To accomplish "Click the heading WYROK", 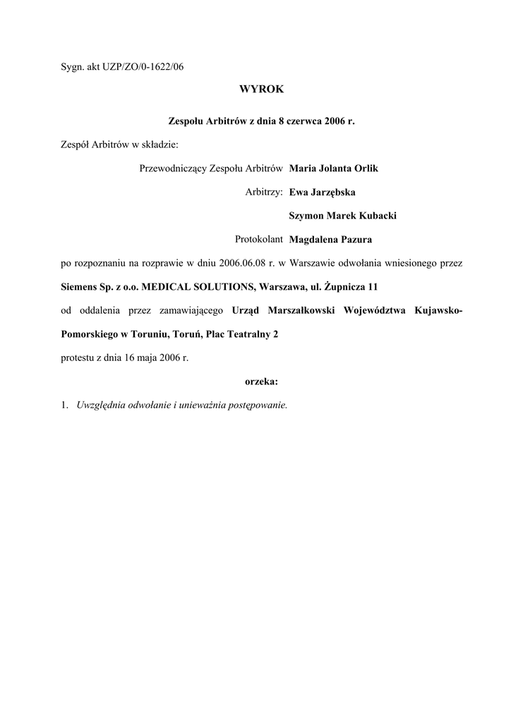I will [x=261, y=90].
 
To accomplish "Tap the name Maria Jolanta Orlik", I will [x=334, y=169].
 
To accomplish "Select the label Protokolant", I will [x=259, y=239].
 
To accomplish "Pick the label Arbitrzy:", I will [x=264, y=192].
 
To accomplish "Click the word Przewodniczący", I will [x=169, y=169].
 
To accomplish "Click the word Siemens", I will [x=78, y=287].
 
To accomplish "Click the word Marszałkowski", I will [x=299, y=310].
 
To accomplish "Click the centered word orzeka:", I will [x=261, y=381].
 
